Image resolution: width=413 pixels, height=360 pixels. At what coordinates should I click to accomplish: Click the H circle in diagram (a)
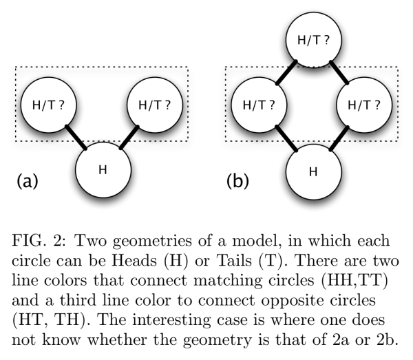[102, 170]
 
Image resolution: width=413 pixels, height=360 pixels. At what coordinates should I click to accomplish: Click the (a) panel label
[30, 182]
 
